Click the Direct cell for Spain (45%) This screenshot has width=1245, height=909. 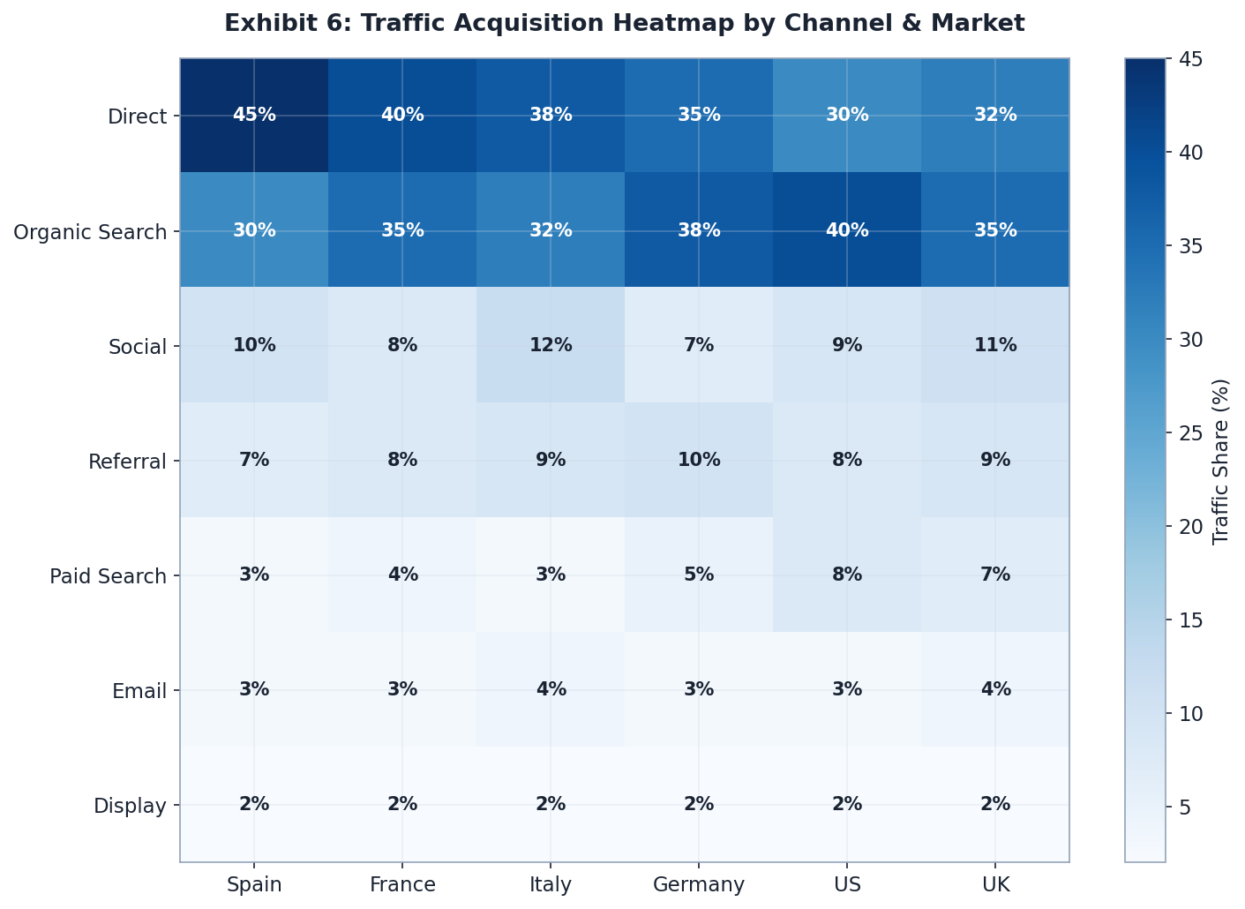(x=254, y=116)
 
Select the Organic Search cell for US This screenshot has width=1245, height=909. (x=847, y=230)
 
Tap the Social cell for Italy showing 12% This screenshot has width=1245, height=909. (x=551, y=345)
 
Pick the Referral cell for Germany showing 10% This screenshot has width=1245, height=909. (x=699, y=460)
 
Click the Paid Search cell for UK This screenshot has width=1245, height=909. (x=995, y=575)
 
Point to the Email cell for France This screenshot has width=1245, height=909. (x=402, y=689)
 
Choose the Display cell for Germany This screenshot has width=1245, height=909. (x=699, y=804)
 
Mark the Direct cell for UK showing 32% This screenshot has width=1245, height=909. (x=995, y=116)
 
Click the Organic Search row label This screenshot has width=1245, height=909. (x=90, y=232)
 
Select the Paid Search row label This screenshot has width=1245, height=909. (x=108, y=576)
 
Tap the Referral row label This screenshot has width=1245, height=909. (x=127, y=462)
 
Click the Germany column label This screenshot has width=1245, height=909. (x=699, y=884)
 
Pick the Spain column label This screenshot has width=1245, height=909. (x=254, y=884)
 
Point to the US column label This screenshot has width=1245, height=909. (x=847, y=884)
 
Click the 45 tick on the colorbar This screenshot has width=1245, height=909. (x=1186, y=59)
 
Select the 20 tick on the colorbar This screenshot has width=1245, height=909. (x=1186, y=526)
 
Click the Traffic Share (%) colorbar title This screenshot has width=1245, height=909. (x=1221, y=461)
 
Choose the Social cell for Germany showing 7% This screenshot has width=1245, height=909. (x=699, y=345)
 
